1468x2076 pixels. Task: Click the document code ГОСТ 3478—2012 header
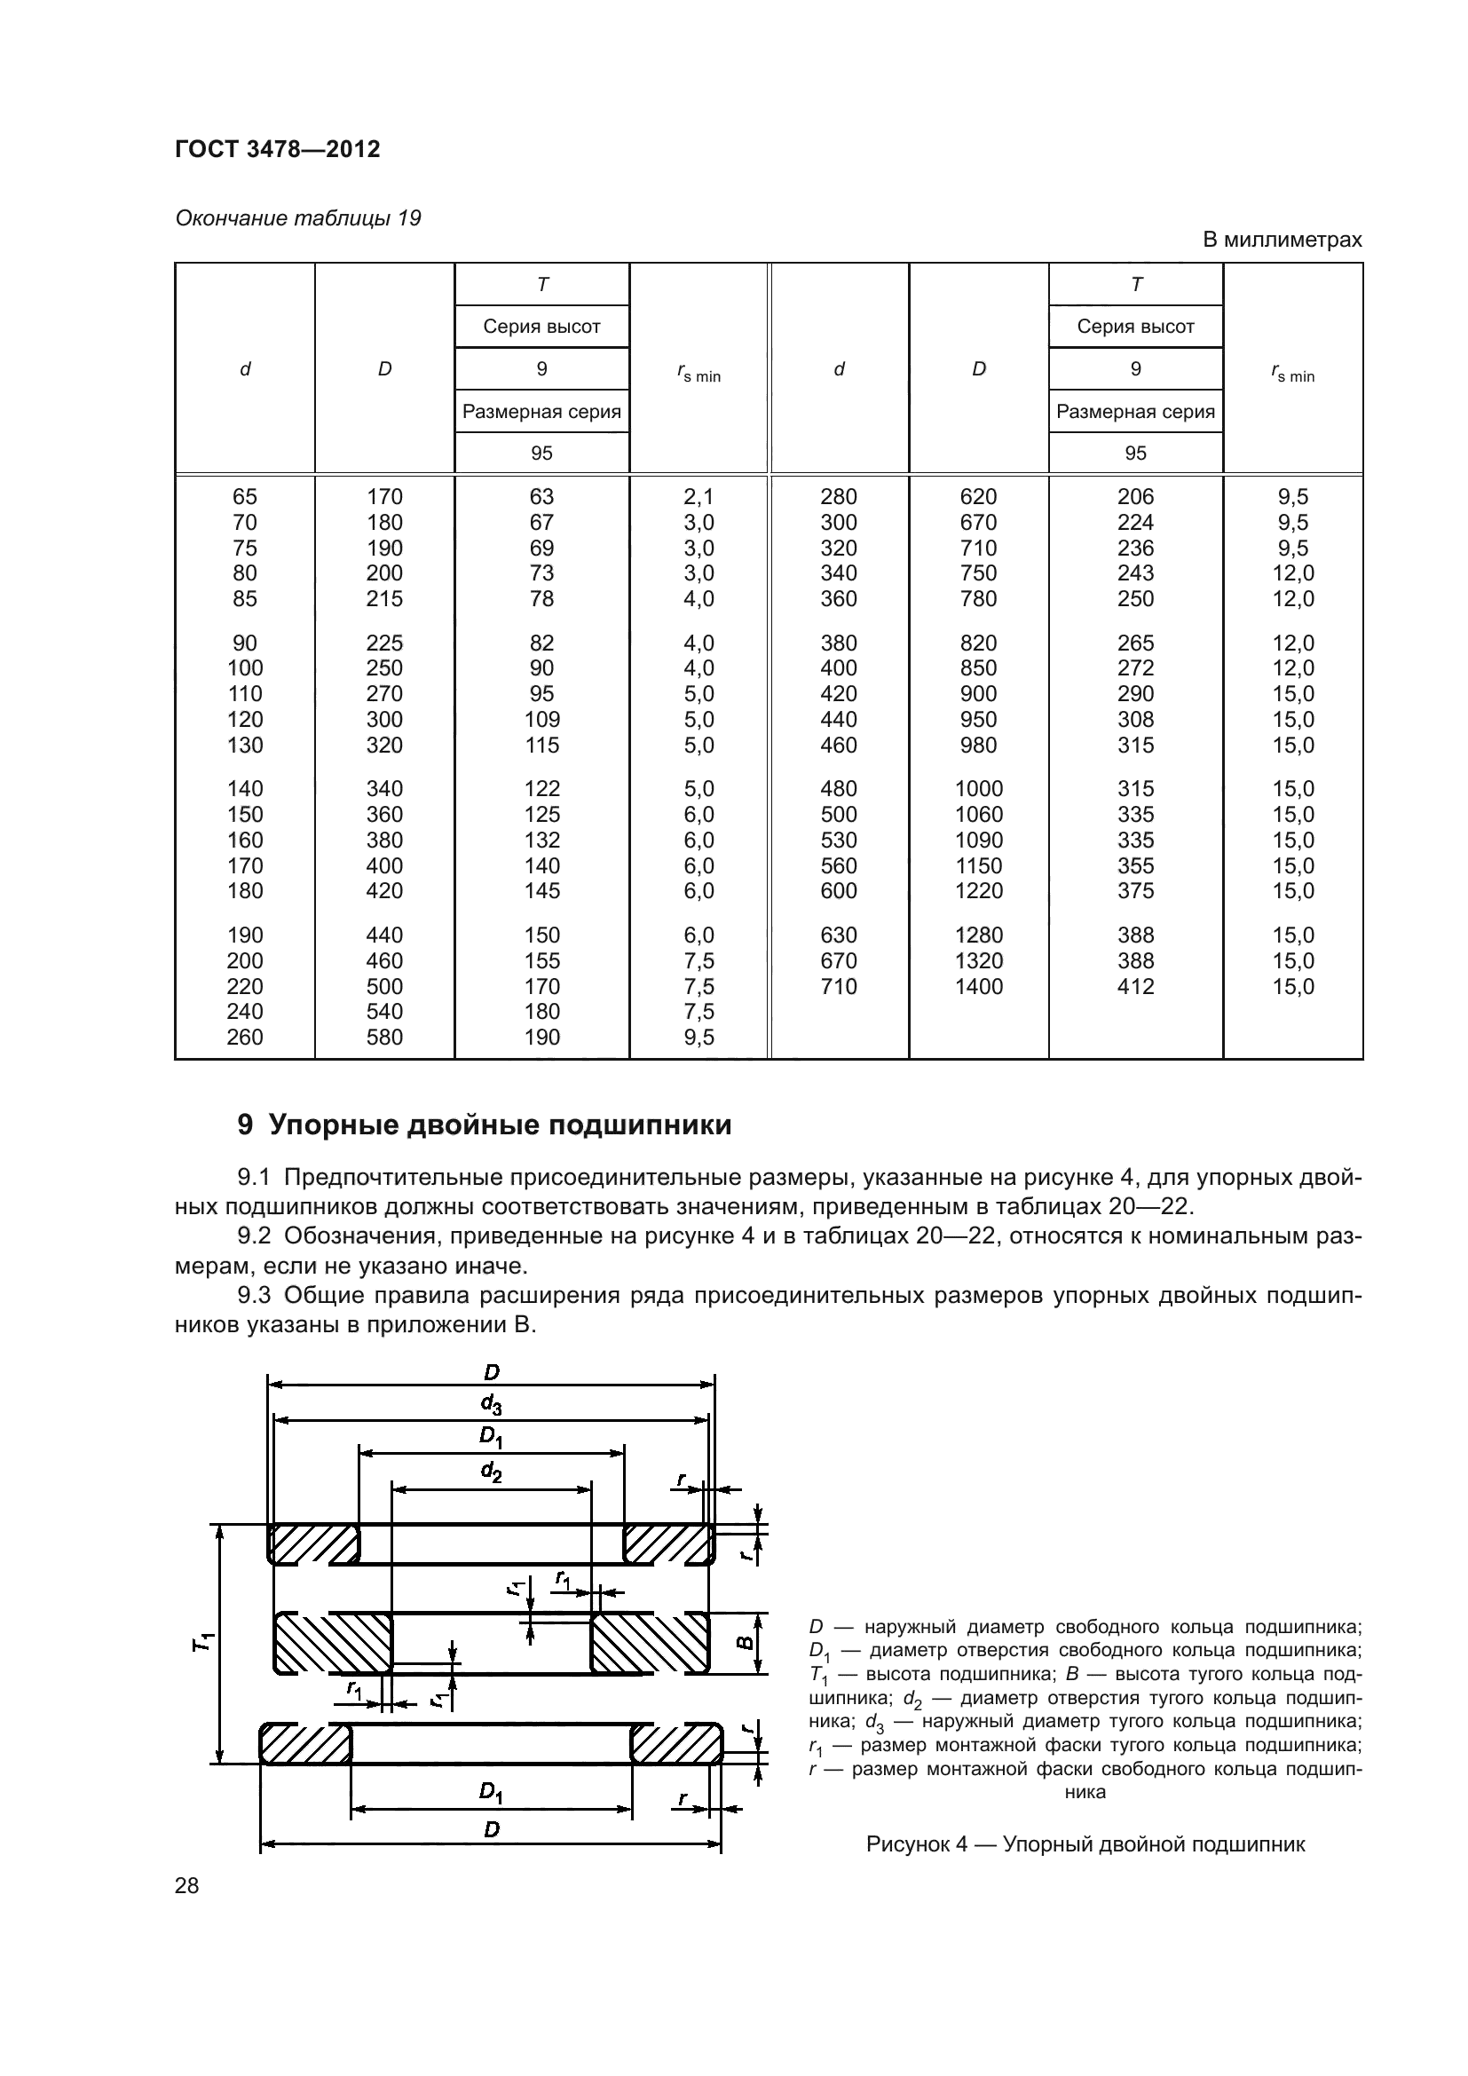pyautogui.click(x=278, y=149)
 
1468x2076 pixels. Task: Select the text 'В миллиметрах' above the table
pyautogui.click(x=1281, y=240)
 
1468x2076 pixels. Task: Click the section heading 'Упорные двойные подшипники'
pyautogui.click(x=500, y=1125)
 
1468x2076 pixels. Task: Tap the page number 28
pyautogui.click(x=187, y=1885)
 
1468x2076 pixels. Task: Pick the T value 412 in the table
pyautogui.click(x=1135, y=986)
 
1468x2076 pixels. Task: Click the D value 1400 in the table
pyautogui.click(x=978, y=986)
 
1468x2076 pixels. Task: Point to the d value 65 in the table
pyautogui.click(x=245, y=496)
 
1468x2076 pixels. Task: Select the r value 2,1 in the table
pyautogui.click(x=698, y=496)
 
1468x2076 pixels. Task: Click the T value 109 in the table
pyautogui.click(x=541, y=720)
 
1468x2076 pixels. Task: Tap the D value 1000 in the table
pyautogui.click(x=978, y=788)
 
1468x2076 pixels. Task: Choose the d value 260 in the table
pyautogui.click(x=245, y=1037)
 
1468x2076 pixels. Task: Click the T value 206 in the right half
pyautogui.click(x=1135, y=496)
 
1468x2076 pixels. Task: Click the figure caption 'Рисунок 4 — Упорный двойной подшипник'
pyautogui.click(x=1085, y=1843)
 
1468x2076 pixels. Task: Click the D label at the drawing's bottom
pyautogui.click(x=491, y=1830)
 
